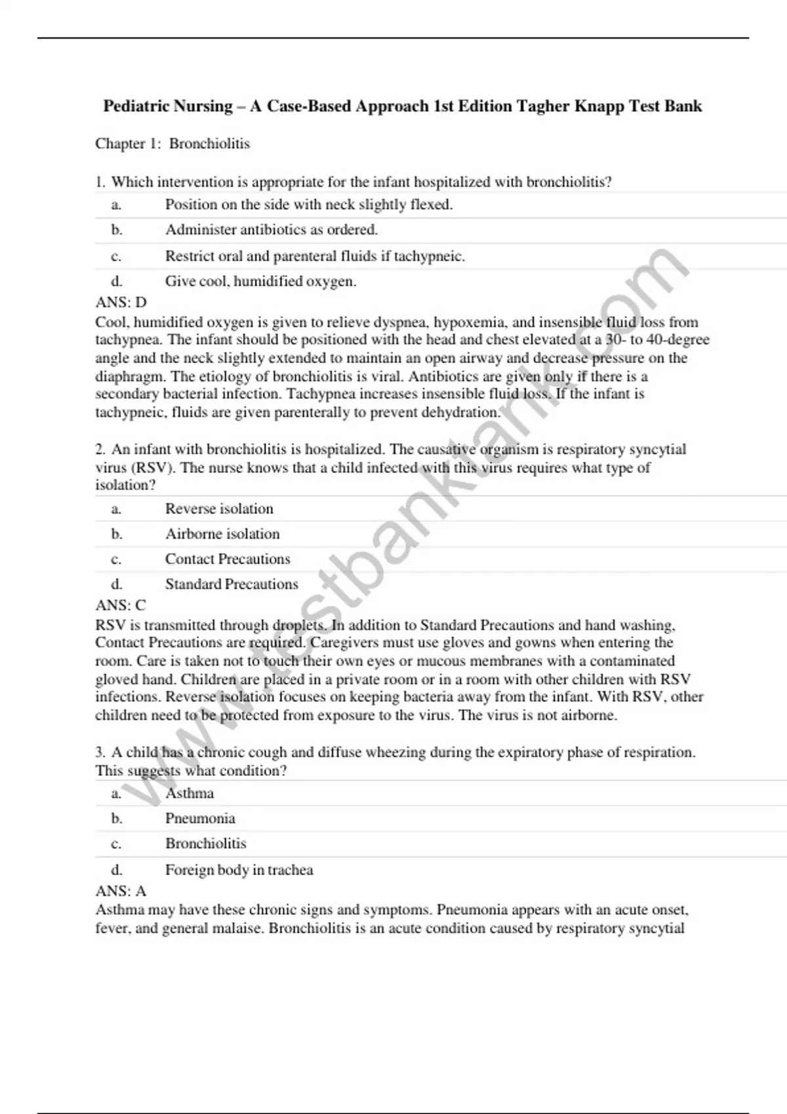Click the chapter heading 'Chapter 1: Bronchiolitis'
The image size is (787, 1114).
[x=172, y=144]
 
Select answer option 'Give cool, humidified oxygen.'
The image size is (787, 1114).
[x=260, y=281]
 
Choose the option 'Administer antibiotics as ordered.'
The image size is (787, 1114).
[x=271, y=230]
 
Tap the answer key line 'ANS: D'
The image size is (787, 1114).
[x=121, y=302]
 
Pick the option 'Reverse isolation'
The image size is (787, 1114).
[x=219, y=509]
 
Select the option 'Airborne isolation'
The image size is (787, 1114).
[x=222, y=534]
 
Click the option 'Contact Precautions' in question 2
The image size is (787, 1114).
[x=228, y=559]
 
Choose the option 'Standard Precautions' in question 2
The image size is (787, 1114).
[x=232, y=584]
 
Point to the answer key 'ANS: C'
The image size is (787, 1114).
[x=121, y=605]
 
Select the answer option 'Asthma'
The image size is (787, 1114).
[x=190, y=794]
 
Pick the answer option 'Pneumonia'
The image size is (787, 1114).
[x=200, y=818]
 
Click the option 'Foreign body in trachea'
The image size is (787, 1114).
[x=239, y=870]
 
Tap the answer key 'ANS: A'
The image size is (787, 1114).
[x=121, y=891]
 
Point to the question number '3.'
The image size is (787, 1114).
[x=100, y=752]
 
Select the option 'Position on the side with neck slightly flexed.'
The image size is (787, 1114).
[x=309, y=204]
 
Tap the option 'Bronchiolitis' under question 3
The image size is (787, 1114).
[x=205, y=843]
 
